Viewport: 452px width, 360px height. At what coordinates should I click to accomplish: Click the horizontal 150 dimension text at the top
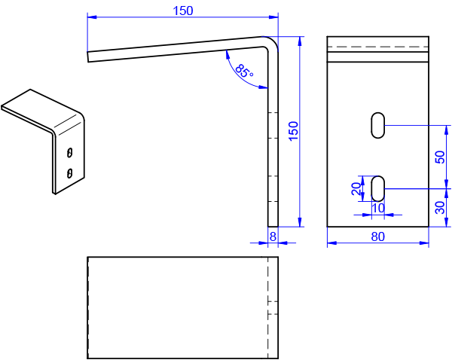pos(183,11)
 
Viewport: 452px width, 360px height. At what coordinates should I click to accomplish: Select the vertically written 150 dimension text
pos(295,131)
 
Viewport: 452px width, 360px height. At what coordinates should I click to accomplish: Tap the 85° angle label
pos(244,72)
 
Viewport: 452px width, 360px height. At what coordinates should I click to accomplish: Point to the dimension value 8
pos(273,236)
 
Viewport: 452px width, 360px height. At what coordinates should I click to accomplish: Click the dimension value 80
pos(378,236)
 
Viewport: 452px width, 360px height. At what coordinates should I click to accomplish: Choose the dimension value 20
pos(356,188)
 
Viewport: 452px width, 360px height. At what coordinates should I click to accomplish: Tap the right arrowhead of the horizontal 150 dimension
pos(273,16)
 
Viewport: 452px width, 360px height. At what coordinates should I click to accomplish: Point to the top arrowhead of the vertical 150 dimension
pos(301,41)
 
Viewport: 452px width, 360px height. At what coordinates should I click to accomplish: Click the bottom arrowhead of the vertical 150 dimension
pos(301,221)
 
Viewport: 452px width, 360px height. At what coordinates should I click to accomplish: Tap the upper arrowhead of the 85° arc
pos(226,54)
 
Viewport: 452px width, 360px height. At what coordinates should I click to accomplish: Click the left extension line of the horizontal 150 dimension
pos(87,34)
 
